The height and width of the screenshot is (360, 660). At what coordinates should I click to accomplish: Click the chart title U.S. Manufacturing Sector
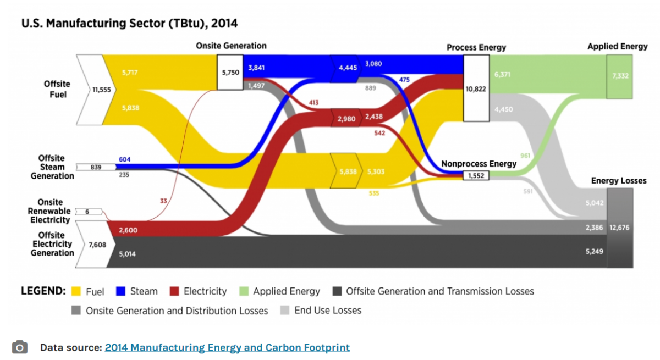click(129, 24)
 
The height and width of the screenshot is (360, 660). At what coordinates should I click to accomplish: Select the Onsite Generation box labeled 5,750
click(230, 71)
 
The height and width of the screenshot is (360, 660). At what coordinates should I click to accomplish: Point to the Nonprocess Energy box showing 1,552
click(476, 176)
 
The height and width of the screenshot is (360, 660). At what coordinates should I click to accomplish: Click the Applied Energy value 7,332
click(619, 76)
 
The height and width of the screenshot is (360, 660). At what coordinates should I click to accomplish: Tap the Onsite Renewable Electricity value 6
click(87, 212)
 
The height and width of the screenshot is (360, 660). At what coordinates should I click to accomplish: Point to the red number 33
click(163, 201)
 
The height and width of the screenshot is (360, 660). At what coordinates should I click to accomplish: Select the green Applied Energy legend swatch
click(244, 291)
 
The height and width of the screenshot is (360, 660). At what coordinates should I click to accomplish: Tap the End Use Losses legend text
click(328, 311)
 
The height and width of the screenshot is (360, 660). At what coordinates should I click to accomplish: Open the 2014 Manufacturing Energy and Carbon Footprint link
click(227, 347)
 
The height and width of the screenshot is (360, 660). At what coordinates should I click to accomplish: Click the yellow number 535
click(373, 193)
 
